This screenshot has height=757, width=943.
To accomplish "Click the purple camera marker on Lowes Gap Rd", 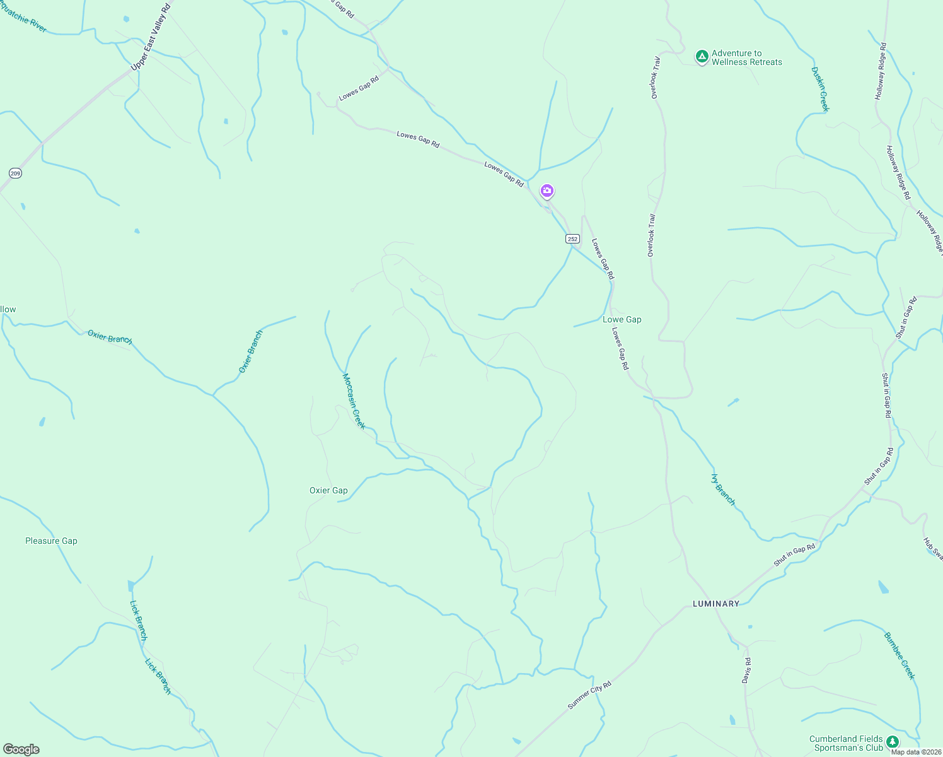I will click(x=547, y=191).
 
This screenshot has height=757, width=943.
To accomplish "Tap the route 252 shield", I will click(x=572, y=238).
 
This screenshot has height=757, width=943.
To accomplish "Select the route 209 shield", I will click(x=16, y=173).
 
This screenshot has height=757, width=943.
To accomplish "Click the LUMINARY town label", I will click(x=716, y=604).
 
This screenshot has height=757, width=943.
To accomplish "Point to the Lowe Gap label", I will click(x=622, y=319).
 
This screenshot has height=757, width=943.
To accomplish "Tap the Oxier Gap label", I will click(x=328, y=490).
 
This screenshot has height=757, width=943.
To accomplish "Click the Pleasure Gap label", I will click(x=51, y=541).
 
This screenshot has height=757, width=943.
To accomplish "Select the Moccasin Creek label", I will click(x=354, y=401).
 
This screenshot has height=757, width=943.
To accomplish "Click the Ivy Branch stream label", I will click(x=723, y=490).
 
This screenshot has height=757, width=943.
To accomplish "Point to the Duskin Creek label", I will click(x=820, y=89).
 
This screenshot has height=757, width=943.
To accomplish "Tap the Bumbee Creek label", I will click(x=900, y=655).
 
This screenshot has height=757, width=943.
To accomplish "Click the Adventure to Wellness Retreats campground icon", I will click(x=702, y=57).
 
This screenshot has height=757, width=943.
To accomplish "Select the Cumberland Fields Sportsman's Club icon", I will click(x=892, y=741).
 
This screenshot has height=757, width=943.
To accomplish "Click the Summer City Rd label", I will click(x=589, y=695).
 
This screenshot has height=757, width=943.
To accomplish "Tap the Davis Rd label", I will click(x=746, y=671).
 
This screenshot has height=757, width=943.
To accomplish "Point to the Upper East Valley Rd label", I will click(x=151, y=37).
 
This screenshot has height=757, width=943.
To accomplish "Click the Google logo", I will click(x=21, y=749).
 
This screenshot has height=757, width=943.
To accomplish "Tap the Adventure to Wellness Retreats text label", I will click(x=746, y=58).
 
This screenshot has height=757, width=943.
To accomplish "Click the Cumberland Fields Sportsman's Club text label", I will click(x=847, y=743).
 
